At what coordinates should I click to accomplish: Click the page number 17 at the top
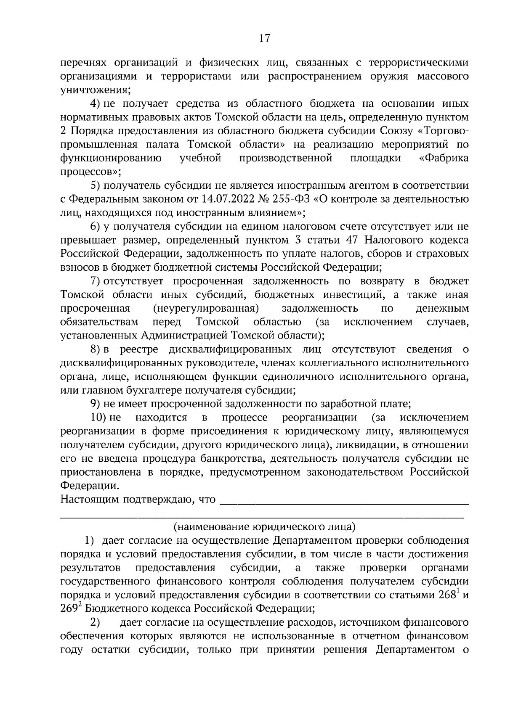tap(264, 39)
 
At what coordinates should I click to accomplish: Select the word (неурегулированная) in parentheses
tap(206, 308)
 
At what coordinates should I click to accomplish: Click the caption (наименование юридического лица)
tap(264, 526)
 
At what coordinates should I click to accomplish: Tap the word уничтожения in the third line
tap(96, 90)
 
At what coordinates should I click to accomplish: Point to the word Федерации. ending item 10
tap(90, 486)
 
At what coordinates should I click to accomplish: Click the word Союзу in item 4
tap(397, 131)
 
